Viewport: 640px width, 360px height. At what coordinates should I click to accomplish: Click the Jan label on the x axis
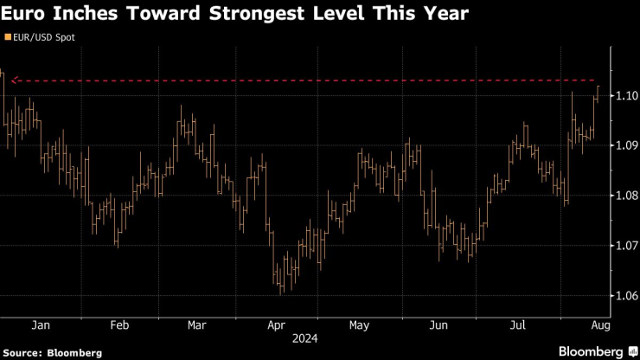tap(40, 325)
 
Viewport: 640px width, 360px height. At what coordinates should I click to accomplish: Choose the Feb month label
tap(119, 325)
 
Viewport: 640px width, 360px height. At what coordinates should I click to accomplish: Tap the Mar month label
tap(197, 325)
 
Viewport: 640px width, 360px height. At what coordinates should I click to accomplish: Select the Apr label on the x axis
tap(277, 325)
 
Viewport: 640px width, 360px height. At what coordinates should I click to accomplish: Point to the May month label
tap(358, 325)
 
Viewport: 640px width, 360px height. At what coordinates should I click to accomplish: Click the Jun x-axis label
tap(438, 325)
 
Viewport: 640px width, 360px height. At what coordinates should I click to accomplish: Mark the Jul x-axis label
tap(518, 325)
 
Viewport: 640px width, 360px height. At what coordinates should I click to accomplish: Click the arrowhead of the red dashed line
tap(13, 80)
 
